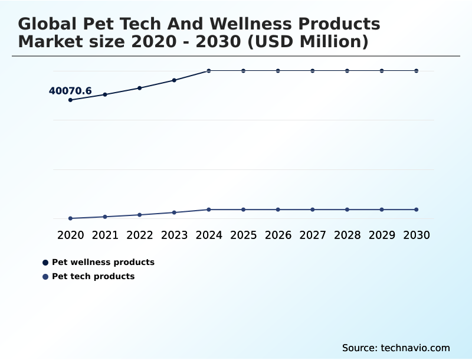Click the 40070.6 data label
coord(70,91)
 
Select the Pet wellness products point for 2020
coord(70,100)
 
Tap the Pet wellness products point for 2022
coord(140,88)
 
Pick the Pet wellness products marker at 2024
coord(209,71)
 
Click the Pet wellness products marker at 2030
coord(417,71)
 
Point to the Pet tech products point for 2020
coord(70,218)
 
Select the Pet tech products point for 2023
coord(174,212)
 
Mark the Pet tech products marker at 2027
coord(313,210)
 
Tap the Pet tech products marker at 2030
coord(417,210)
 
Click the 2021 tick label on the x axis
coord(105,235)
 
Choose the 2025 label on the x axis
coord(243,235)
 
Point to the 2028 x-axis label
coord(347,235)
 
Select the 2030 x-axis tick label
coord(417,235)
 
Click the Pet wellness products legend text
coord(103,262)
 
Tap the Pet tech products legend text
coord(93,276)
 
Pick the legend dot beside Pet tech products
coord(45,277)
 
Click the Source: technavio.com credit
coord(396,348)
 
